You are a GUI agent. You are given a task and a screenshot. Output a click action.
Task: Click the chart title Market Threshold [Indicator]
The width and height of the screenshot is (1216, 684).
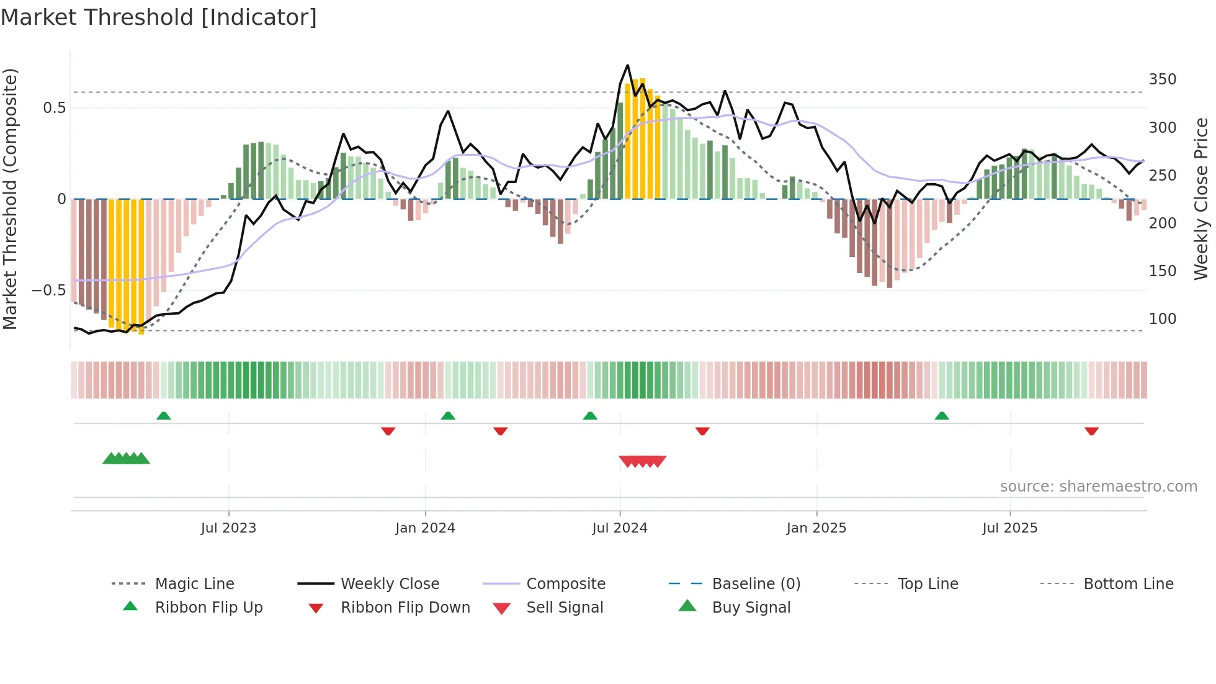pos(159,17)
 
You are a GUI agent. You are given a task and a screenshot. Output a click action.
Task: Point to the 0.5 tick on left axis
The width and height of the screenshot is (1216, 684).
pos(55,108)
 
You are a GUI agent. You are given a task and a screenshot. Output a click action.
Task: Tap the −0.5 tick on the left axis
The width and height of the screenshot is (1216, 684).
pos(49,290)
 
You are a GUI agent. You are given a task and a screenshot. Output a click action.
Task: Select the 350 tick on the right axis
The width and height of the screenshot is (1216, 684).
pos(1162,79)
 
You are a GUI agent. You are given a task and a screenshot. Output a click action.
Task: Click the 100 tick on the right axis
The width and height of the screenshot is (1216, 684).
pos(1162,319)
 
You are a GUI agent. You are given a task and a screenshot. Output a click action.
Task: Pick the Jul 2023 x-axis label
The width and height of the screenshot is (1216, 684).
pos(228,528)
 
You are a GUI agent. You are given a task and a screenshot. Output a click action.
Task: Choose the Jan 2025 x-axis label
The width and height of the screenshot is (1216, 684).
pos(816,528)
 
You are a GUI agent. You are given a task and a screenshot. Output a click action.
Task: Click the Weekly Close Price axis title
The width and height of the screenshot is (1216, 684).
pos(1201,199)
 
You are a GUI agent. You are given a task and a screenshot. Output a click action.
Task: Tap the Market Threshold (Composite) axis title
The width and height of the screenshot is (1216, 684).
pos(10,199)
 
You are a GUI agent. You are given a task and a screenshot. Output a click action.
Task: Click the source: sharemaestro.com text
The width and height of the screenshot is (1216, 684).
pos(1098,487)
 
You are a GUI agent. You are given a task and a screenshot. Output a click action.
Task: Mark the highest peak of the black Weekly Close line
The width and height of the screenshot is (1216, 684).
pos(627,65)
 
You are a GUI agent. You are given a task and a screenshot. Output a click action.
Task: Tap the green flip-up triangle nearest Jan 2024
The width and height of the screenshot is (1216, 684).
pos(448,416)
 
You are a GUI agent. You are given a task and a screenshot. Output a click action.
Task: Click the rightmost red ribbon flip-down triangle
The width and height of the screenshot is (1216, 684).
pos(1091,431)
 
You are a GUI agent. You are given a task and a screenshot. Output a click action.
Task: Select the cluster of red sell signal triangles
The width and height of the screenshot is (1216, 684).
pos(643,461)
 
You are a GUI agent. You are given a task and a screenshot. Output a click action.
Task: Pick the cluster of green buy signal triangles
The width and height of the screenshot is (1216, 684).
pos(127,459)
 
